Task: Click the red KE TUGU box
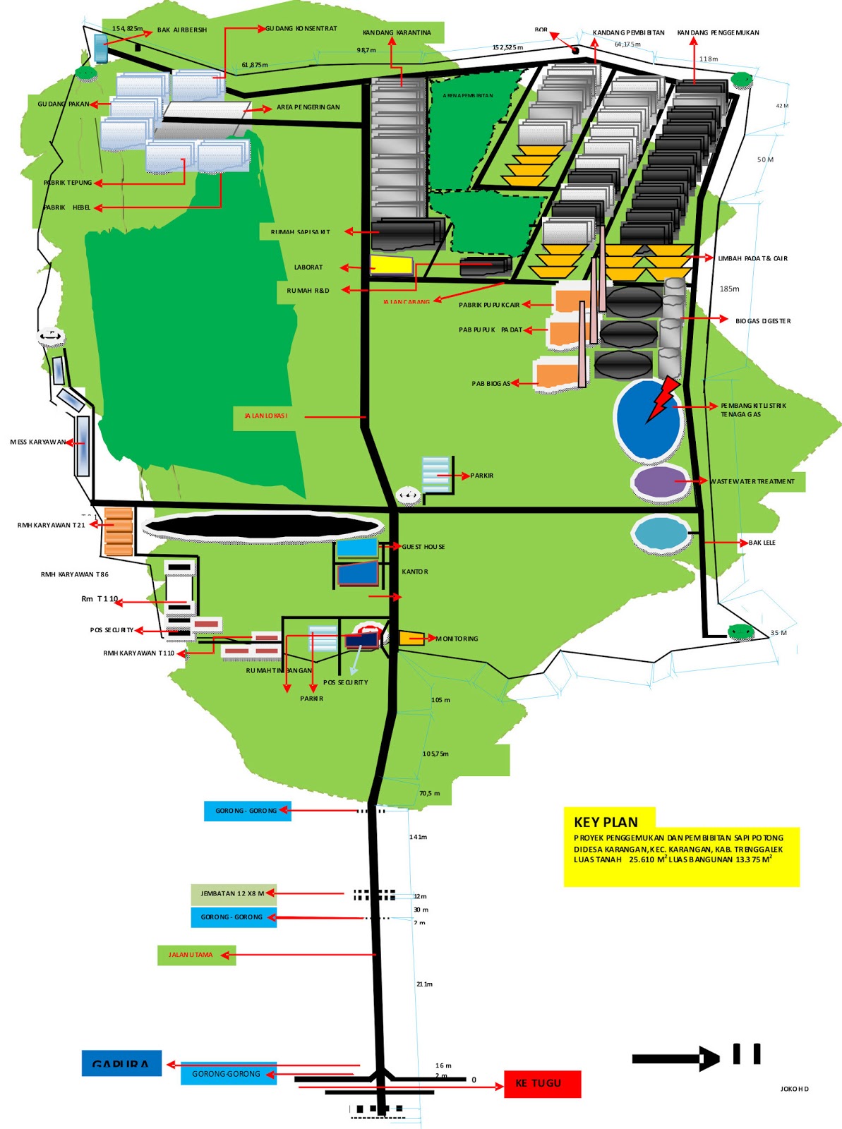pos(542,1084)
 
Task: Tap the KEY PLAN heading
pos(606,822)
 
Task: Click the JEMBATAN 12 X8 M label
pos(232,894)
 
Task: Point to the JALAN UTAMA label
pos(191,955)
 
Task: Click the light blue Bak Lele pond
pos(661,533)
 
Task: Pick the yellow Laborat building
pos(392,265)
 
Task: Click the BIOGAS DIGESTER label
pos(763,321)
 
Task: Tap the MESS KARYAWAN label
pos(38,442)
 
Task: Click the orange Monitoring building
pos(411,638)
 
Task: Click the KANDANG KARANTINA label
pos(397,33)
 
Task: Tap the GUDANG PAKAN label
pos(64,104)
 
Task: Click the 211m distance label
pos(424,984)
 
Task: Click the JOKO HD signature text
pos(795,1089)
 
